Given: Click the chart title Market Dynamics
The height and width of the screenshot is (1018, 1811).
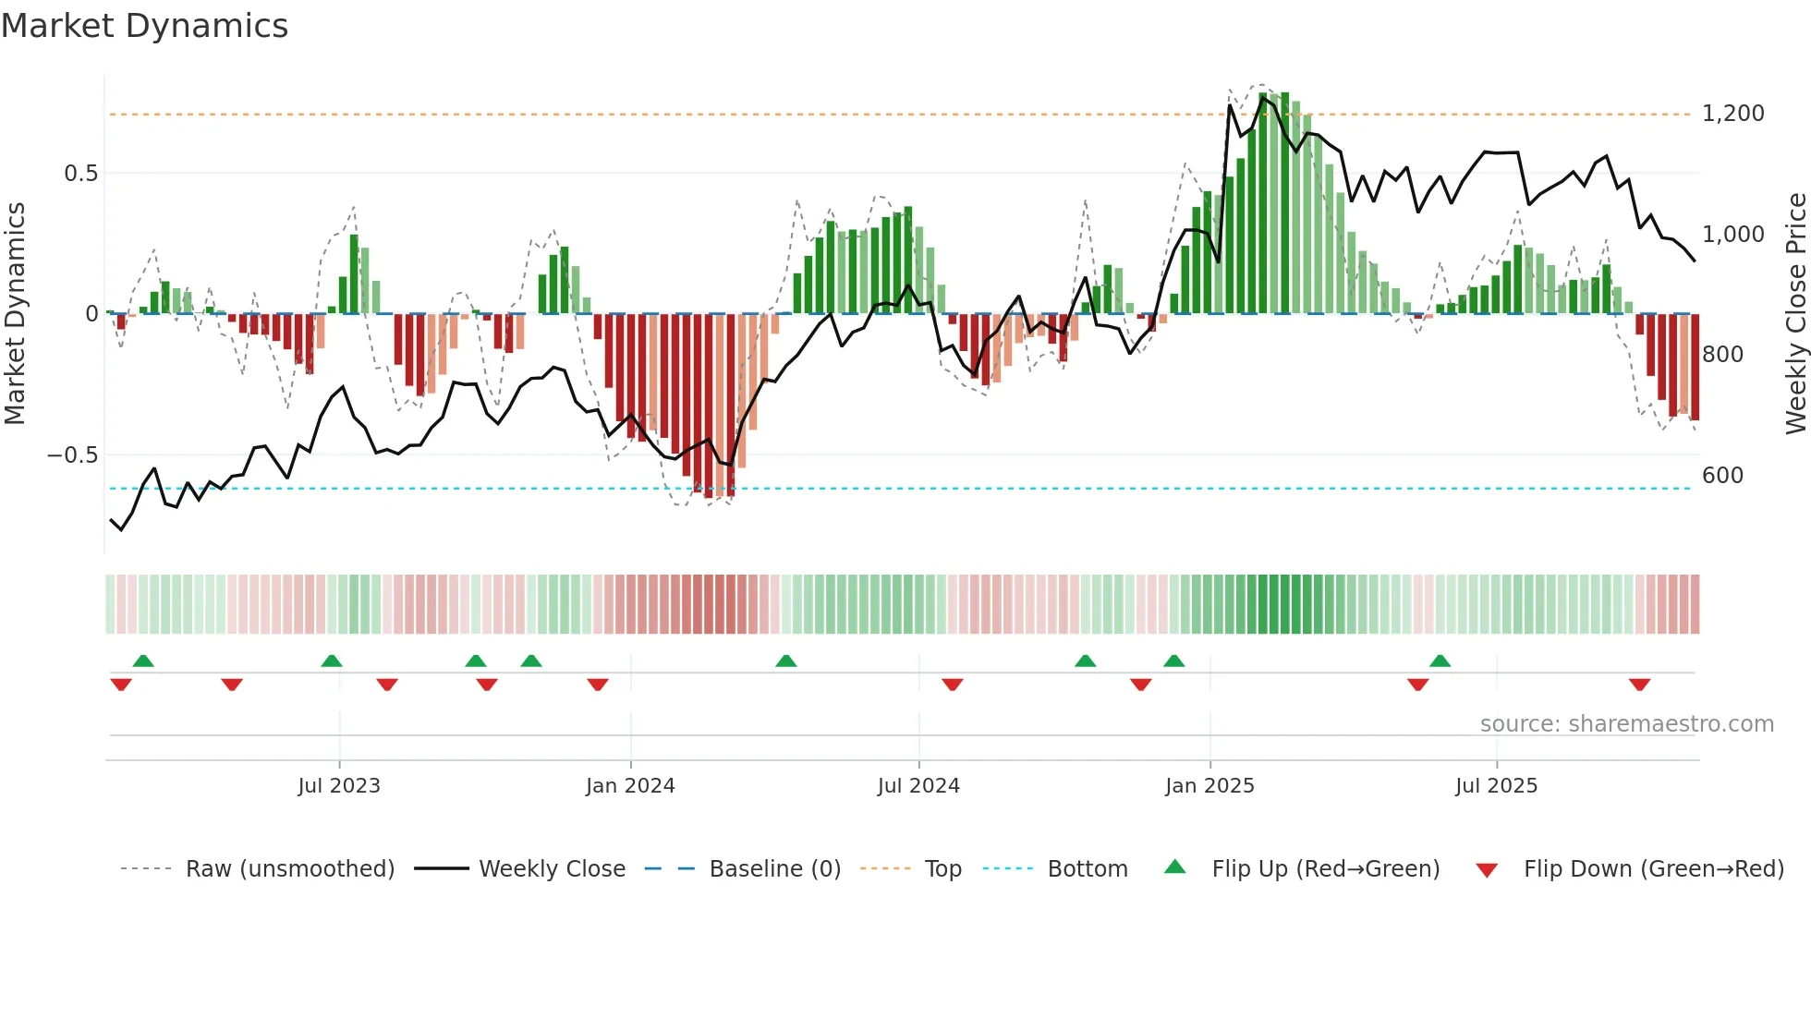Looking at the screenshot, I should click(144, 26).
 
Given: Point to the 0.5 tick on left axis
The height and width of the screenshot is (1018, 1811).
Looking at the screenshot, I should click(80, 174).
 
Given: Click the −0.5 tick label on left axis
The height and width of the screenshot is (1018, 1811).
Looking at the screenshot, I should click(72, 455).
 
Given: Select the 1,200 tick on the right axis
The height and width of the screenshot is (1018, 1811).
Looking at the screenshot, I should click(1732, 114).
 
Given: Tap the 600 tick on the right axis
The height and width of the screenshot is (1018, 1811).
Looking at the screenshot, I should click(1722, 476).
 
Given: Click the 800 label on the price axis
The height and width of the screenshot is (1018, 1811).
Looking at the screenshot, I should click(1722, 355).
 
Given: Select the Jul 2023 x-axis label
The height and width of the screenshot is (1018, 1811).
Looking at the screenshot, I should click(339, 786).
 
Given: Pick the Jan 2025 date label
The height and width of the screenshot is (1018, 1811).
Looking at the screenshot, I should click(1209, 786).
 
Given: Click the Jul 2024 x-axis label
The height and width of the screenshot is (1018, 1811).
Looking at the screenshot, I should click(918, 786).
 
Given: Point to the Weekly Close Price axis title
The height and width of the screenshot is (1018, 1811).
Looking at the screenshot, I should click(1795, 313).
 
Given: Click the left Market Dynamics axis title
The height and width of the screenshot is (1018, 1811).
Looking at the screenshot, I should click(15, 313).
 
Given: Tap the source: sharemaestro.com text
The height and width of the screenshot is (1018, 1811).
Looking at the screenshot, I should click(1626, 724).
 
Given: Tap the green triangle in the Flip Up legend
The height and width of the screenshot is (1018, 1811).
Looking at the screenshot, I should click(1174, 867).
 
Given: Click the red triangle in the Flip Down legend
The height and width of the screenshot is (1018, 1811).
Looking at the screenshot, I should click(1487, 870).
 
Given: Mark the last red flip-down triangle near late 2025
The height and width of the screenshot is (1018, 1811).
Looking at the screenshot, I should click(1639, 685).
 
